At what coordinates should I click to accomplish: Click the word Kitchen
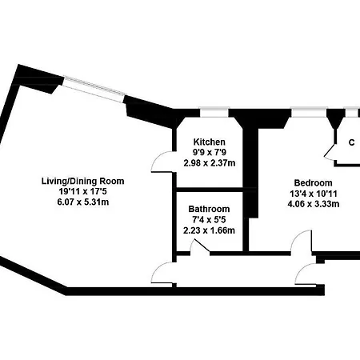point(210,142)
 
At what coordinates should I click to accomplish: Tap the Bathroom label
point(209,209)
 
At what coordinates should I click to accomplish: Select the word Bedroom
point(313,183)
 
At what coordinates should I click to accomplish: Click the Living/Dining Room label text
point(83,182)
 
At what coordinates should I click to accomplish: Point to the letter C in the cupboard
point(352,142)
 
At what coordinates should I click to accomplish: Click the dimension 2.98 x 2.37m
point(210,162)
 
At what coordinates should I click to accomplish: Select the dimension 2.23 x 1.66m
point(209,230)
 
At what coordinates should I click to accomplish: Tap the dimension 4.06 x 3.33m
point(314,204)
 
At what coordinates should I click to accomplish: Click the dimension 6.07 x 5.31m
point(83,202)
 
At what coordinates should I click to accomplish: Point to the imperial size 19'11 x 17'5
point(83,191)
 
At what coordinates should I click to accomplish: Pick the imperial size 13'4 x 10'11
point(314,194)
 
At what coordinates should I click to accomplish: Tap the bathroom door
point(201,245)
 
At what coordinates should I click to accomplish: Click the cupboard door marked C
point(330,152)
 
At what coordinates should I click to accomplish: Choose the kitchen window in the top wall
point(214,112)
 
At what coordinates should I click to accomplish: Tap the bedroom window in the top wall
point(310,112)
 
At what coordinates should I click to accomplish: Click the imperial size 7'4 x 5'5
point(209,220)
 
